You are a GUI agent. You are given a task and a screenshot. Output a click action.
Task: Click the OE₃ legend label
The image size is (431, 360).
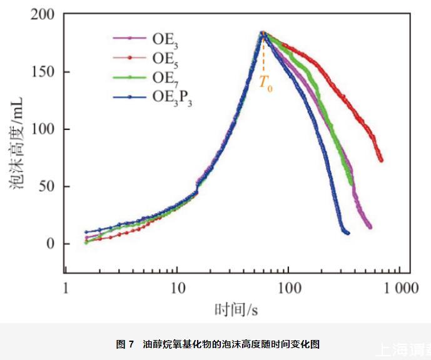pos(165,40)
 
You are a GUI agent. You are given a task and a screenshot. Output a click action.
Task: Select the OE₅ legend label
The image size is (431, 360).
pos(165,59)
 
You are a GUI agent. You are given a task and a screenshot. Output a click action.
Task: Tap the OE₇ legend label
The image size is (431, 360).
pos(165,78)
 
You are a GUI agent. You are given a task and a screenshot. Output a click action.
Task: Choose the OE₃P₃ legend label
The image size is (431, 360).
pos(171,97)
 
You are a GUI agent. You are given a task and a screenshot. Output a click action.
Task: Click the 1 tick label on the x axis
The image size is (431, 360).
pos(65,289)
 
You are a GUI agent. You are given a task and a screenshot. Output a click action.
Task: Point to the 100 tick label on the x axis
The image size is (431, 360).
pos(287,289)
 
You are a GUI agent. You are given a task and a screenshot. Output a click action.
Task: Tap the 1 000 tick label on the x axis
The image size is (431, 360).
pos(401,289)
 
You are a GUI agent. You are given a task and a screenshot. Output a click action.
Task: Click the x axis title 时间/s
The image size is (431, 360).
pos(237,309)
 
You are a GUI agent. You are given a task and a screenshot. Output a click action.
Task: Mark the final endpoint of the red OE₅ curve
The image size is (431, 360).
pos(381,160)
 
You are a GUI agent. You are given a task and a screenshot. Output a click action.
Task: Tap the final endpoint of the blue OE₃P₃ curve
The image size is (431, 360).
pos(348,233)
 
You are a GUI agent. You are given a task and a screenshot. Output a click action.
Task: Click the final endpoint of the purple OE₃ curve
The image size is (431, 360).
pos(370,227)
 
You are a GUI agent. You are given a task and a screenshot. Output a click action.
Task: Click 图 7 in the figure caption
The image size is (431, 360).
pos(124,344)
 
